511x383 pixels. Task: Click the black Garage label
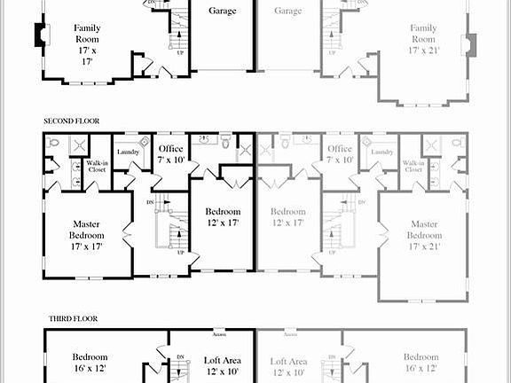click(x=222, y=12)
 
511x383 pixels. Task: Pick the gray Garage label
click(x=287, y=12)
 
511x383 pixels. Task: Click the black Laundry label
click(x=128, y=152)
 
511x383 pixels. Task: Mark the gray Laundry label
click(x=382, y=152)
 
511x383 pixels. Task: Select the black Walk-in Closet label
click(x=97, y=166)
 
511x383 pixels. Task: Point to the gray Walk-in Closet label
click(x=413, y=166)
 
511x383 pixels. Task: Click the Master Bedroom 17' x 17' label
click(x=87, y=235)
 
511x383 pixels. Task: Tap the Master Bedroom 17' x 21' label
click(x=423, y=235)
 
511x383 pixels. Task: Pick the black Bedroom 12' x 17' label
click(x=223, y=217)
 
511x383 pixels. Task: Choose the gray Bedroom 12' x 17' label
click(x=287, y=217)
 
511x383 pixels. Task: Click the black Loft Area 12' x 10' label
click(x=224, y=366)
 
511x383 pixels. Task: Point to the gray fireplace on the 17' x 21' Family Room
click(x=471, y=44)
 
